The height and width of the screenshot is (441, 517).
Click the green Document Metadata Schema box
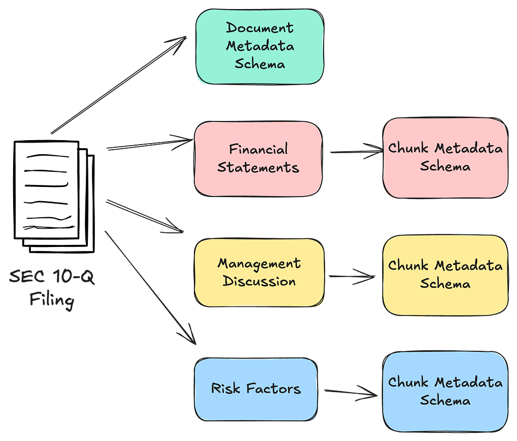click(x=260, y=46)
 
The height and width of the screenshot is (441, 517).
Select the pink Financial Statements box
click(x=258, y=159)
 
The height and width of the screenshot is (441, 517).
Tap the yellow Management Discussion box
click(x=259, y=273)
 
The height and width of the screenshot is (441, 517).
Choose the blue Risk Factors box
click(x=256, y=389)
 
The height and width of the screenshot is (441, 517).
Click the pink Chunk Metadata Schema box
click(x=445, y=158)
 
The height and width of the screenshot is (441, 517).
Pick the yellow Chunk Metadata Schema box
click(x=445, y=275)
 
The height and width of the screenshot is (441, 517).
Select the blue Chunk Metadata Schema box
click(x=445, y=392)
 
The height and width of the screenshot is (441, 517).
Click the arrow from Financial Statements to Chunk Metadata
click(x=356, y=151)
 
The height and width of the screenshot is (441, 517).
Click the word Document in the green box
click(x=260, y=28)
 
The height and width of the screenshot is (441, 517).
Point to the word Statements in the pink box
click(x=258, y=168)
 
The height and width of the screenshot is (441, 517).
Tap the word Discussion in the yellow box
click(x=259, y=281)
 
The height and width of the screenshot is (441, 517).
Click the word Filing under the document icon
click(x=52, y=301)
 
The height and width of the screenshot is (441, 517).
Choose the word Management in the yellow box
click(x=259, y=264)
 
